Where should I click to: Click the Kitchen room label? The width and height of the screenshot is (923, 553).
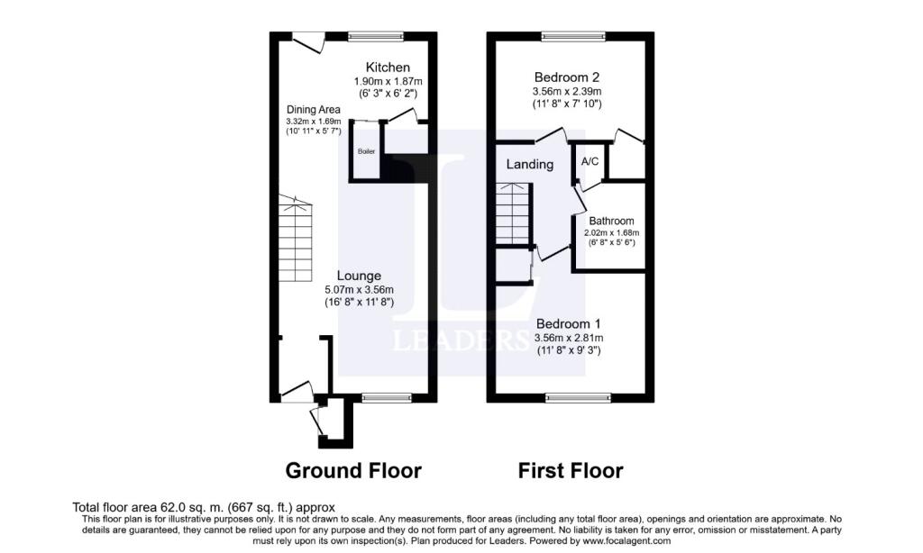(x=388, y=68)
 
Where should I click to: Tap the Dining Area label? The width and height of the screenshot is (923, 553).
(x=313, y=109)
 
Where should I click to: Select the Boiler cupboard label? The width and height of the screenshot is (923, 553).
(x=366, y=151)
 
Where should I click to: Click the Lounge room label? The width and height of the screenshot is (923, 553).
(x=359, y=276)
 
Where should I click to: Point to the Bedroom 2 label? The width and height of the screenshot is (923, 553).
(x=567, y=77)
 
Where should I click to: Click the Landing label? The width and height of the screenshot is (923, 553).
(x=529, y=164)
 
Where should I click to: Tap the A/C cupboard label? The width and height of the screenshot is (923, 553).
(x=590, y=162)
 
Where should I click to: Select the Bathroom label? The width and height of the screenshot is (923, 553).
(x=611, y=221)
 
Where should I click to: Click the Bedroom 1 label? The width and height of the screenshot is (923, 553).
(x=568, y=323)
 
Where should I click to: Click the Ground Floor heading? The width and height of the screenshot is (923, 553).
(x=353, y=470)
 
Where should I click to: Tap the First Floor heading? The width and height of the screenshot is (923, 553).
(x=570, y=470)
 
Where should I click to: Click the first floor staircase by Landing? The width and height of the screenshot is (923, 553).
(x=512, y=213)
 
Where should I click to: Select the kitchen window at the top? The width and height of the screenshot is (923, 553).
(x=376, y=36)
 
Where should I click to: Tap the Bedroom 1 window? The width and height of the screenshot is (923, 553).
(x=577, y=397)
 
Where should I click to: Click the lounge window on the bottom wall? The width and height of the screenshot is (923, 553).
(x=387, y=397)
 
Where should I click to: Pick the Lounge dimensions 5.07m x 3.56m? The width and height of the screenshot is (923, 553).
(x=359, y=290)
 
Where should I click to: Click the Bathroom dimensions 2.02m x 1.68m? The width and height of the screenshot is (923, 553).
(x=611, y=232)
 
